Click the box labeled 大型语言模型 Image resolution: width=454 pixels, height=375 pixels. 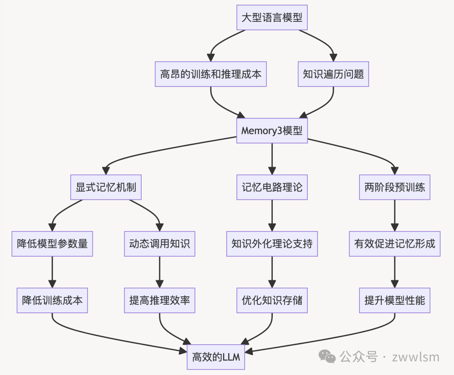[x=272, y=18]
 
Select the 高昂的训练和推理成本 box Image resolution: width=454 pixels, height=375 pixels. [x=211, y=74]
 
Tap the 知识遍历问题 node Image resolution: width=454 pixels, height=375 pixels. [x=333, y=74]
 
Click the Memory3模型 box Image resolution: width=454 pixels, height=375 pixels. [x=272, y=130]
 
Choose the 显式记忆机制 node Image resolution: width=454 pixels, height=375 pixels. [x=106, y=187]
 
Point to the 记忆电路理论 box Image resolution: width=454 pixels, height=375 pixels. [x=272, y=187]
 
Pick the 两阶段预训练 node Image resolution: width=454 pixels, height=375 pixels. [x=395, y=187]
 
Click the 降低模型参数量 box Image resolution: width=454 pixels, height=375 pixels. [x=52, y=244]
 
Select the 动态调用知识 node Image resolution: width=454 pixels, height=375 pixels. [x=160, y=244]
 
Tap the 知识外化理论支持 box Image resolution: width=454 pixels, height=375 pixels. [x=272, y=244]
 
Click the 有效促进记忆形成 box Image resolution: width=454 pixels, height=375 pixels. [x=395, y=244]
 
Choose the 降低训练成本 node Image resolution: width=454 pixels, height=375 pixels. [x=52, y=301]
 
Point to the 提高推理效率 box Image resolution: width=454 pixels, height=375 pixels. [x=160, y=301]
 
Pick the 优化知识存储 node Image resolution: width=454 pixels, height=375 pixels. [x=272, y=301]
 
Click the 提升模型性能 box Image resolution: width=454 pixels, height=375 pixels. [x=395, y=301]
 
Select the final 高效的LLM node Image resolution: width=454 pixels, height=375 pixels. [x=216, y=357]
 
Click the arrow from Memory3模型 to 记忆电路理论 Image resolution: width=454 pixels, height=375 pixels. [x=272, y=158]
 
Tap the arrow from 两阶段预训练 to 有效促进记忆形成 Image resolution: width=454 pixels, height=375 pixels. [x=395, y=215]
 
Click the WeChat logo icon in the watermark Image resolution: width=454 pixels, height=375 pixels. [x=327, y=357]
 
